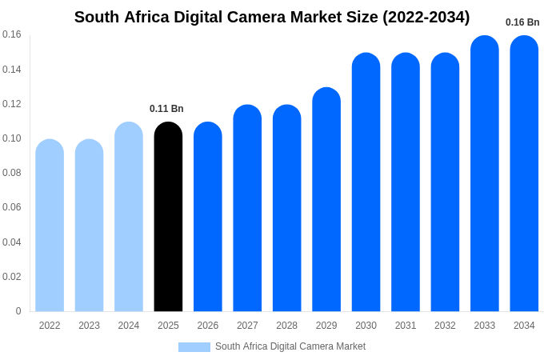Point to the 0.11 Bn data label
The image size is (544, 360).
click(x=166, y=109)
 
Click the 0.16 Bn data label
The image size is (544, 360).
click(x=522, y=22)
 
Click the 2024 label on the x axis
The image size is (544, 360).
click(x=129, y=326)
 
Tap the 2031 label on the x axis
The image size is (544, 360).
click(x=406, y=326)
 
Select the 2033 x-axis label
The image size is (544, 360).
click(x=485, y=326)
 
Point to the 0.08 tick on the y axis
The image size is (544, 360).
click(x=12, y=173)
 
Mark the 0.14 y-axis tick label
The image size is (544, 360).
click(x=12, y=70)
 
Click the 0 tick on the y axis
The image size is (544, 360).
click(x=18, y=311)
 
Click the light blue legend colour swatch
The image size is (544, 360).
click(x=194, y=347)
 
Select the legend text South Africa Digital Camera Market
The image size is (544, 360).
click(x=290, y=346)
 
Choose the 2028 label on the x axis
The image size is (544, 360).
click(x=286, y=326)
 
